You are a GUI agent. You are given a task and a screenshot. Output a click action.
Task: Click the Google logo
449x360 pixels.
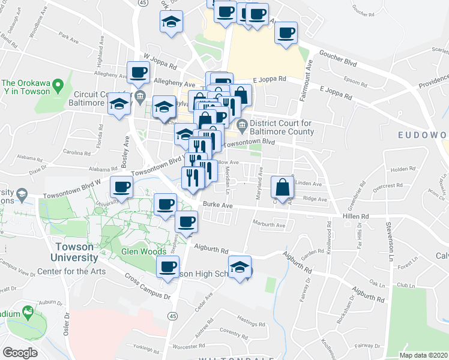pos(20,353)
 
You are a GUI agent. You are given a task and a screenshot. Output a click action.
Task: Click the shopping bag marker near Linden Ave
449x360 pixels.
pos(283,187)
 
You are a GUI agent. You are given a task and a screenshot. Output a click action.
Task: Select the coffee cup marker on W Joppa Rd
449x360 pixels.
pos(139,73)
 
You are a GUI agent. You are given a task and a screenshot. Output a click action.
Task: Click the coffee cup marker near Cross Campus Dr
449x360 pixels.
pos(167,266)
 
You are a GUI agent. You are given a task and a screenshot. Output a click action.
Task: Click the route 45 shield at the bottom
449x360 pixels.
pos(172,316)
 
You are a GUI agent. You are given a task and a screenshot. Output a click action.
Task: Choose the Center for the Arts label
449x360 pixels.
pos(71,271)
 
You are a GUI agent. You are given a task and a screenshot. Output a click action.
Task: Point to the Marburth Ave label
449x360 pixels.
pos(269,226)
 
